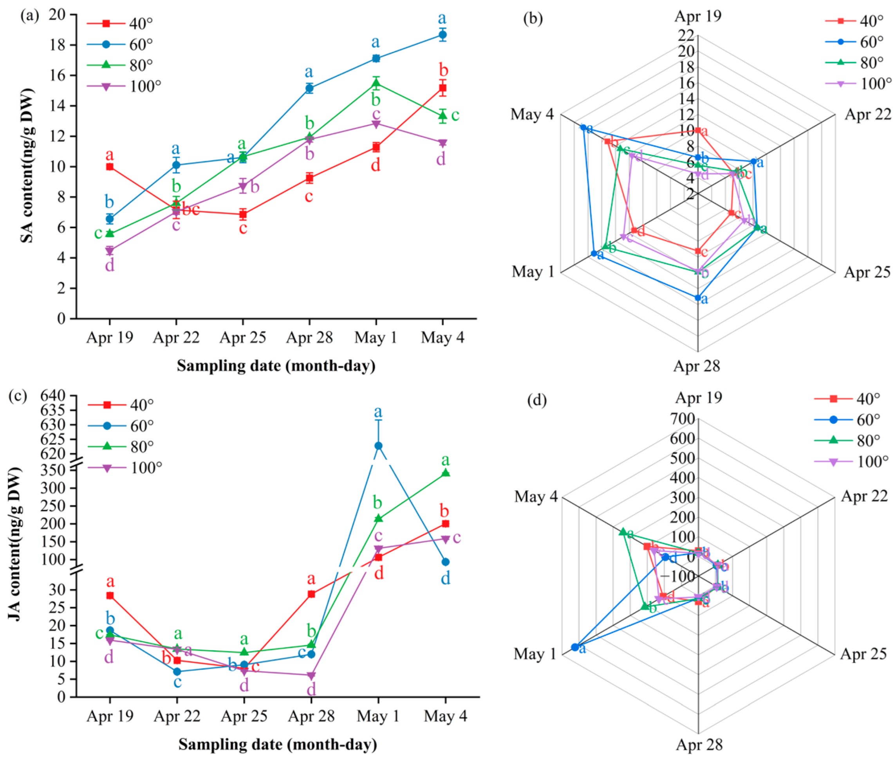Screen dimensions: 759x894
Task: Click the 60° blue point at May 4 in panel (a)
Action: tap(442, 34)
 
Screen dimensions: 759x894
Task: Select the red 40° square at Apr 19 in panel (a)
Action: tap(110, 167)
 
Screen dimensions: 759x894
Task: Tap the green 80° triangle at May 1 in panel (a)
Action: tap(376, 83)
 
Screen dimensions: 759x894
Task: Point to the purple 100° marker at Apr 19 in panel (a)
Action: tap(110, 250)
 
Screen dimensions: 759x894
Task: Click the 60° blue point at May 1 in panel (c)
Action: tap(378, 445)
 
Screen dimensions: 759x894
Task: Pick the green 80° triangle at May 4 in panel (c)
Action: tap(446, 473)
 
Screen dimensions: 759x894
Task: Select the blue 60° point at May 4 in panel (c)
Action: tap(446, 562)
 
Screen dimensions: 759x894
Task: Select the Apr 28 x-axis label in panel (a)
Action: tap(309, 338)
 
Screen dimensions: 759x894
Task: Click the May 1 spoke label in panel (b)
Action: tap(533, 272)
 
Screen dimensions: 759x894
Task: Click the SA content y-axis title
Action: tap(27, 165)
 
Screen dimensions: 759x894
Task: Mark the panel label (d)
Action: tap(536, 400)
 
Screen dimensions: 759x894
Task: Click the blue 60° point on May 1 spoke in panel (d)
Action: tap(574, 647)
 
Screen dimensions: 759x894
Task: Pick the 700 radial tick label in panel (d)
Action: tap(682, 419)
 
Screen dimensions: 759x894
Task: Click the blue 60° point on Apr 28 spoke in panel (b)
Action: tap(697, 297)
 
